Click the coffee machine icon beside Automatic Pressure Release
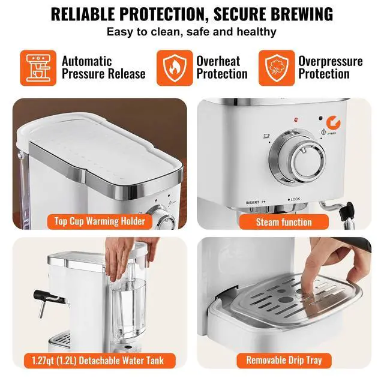coord(37,67)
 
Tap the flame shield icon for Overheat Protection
coord(173,67)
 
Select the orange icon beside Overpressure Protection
coord(276,67)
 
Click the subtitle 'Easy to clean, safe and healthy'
coord(191,32)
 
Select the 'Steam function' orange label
coord(284,221)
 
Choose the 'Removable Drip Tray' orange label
coord(284,361)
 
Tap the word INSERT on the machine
coord(253,202)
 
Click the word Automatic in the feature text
coord(87,61)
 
